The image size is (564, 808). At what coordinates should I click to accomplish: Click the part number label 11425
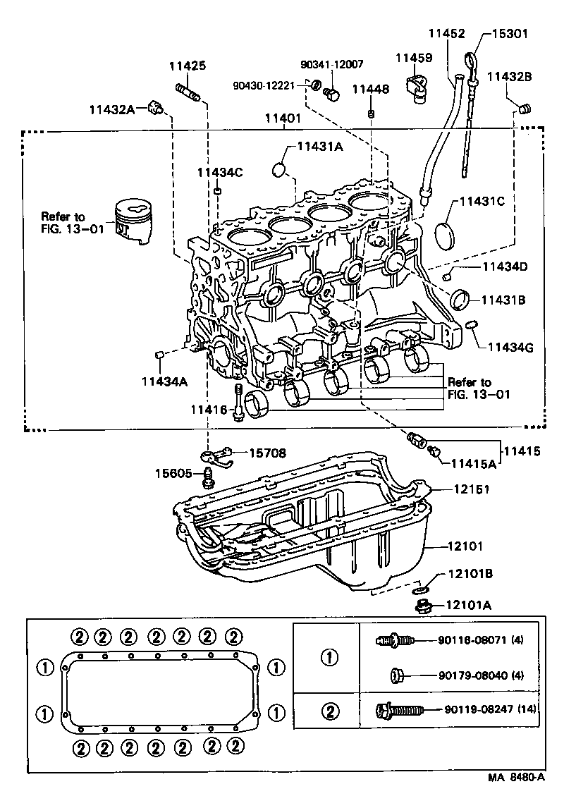coord(187,66)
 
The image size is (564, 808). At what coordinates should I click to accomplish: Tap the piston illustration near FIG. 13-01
coord(135,221)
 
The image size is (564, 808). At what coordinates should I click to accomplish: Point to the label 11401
coord(283,118)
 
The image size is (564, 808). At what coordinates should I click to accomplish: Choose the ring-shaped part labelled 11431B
coord(461,299)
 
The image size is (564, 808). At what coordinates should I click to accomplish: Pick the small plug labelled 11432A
coord(156,108)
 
